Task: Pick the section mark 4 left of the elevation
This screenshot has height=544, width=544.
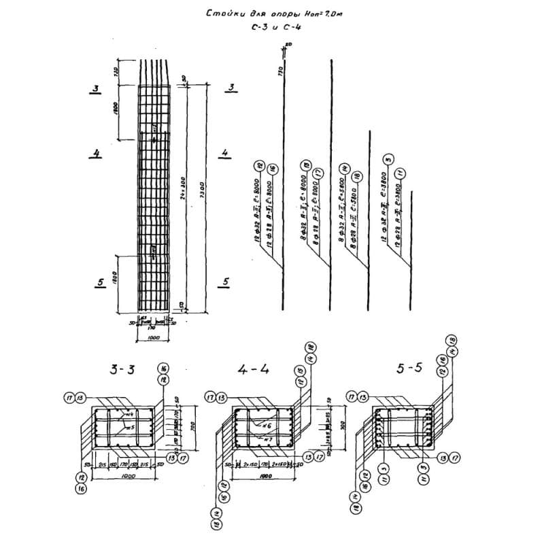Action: (97, 154)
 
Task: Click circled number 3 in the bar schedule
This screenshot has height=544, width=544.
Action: (388, 160)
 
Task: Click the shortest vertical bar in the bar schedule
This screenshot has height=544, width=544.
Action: (411, 228)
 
